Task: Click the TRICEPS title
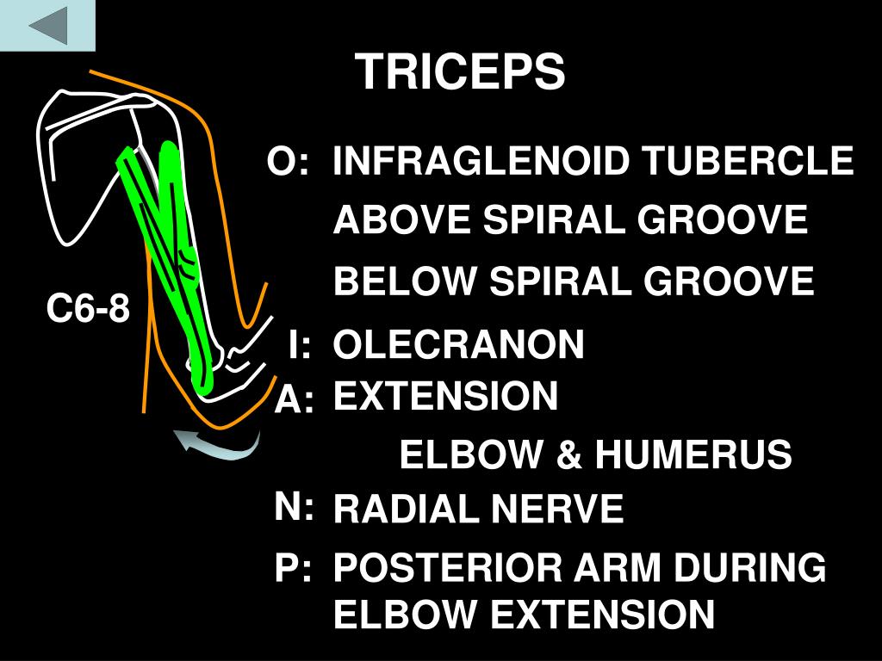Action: (461, 71)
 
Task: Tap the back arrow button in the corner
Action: (47, 25)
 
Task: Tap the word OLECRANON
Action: (459, 345)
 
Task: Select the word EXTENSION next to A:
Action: (445, 397)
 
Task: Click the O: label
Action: (287, 162)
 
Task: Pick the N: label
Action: (295, 508)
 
